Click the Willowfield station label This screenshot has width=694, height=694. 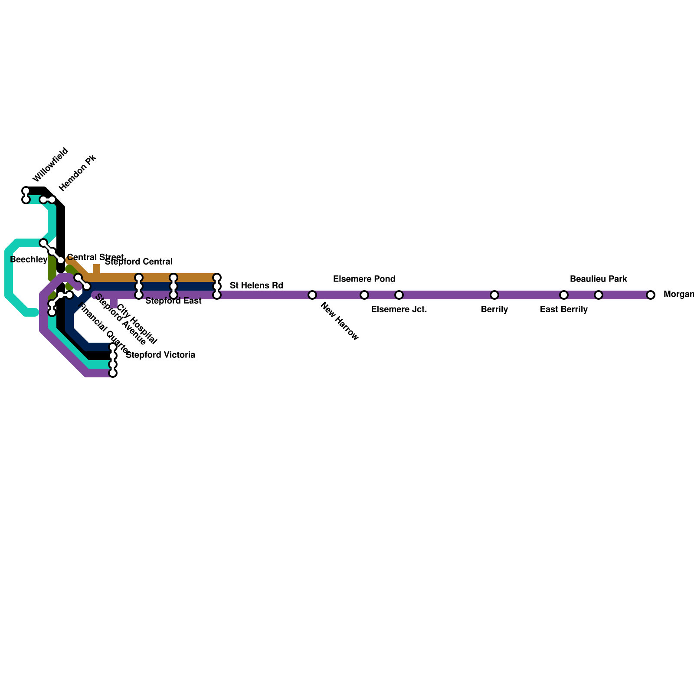point(50,165)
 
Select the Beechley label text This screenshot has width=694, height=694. point(29,260)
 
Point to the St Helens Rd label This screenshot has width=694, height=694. point(256,285)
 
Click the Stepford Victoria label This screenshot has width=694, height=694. point(160,355)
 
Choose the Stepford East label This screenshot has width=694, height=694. point(173,301)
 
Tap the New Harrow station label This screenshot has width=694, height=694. point(339,321)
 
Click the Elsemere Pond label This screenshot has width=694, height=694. point(364,279)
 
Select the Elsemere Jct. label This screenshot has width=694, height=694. point(399,310)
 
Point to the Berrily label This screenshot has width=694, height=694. point(494,310)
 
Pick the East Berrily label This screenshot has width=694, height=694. point(564,310)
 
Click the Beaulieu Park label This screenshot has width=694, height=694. point(598,279)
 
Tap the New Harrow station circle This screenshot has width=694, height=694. point(312,295)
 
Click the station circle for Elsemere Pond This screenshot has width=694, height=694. point(364,295)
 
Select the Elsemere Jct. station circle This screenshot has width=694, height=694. point(399,295)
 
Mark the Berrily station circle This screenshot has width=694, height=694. point(494,295)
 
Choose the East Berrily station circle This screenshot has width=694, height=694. point(564,295)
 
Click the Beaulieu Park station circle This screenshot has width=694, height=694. point(599,295)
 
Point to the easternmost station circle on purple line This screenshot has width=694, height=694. point(651,295)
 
